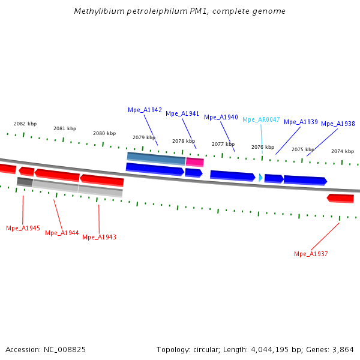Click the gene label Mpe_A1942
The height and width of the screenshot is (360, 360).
145,110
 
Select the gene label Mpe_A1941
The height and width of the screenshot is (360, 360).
182,113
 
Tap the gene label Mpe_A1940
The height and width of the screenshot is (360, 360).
221,117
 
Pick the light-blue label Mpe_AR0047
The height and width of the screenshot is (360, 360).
261,119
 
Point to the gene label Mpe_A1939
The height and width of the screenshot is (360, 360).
301,122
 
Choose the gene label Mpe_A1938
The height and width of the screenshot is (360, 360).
338,124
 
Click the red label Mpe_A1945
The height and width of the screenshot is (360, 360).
23,228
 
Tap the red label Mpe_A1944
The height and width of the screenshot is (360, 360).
62,233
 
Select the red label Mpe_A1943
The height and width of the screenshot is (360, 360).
99,237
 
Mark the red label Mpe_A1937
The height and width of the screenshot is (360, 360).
311,254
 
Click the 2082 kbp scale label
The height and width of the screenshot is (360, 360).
25,124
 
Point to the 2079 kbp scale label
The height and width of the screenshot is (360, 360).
144,137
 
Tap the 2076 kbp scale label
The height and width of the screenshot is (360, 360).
263,147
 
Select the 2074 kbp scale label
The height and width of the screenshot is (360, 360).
343,151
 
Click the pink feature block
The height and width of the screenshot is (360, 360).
194,162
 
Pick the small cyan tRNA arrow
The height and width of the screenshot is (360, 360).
260,178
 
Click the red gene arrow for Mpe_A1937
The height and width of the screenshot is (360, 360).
340,198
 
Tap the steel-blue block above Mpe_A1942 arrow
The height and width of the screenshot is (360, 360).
156,158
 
